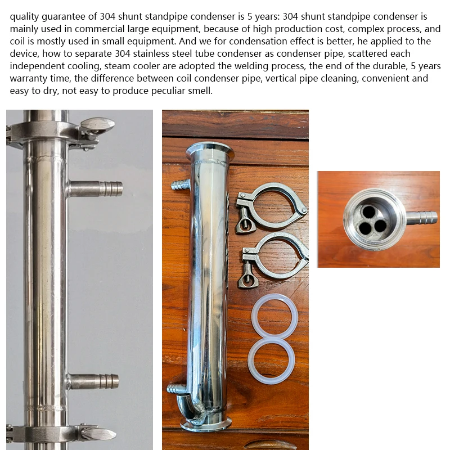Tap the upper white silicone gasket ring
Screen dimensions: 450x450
[x=274, y=318]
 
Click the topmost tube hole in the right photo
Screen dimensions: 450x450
[x=369, y=212]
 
